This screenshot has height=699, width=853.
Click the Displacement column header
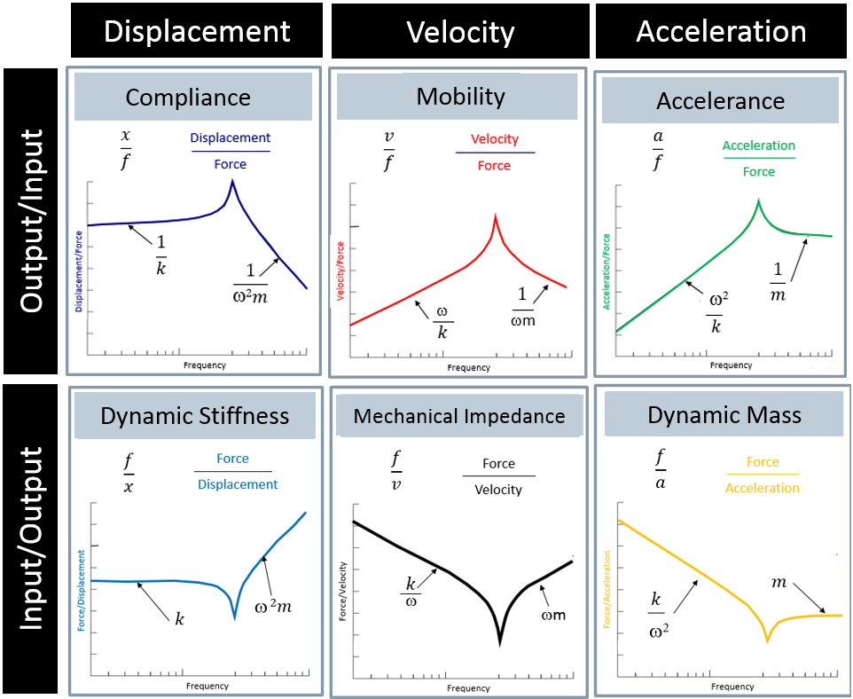tap(197, 31)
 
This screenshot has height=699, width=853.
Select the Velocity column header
tap(460, 32)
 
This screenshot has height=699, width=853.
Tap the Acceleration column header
tap(721, 31)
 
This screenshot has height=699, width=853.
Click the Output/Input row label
tap(32, 221)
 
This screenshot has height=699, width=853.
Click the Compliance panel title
tap(188, 97)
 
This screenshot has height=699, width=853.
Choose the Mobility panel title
tap(460, 96)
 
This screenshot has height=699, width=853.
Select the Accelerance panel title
tap(720, 100)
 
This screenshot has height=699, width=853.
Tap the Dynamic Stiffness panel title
tap(195, 415)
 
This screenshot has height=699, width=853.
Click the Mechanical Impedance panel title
tap(459, 416)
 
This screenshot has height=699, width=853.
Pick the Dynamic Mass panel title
tap(724, 414)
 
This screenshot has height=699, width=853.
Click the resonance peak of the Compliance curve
tap(232, 182)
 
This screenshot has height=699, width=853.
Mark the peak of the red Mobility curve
tap(496, 216)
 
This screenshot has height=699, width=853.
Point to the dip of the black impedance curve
tap(499, 641)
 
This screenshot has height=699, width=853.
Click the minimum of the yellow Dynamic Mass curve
tap(768, 639)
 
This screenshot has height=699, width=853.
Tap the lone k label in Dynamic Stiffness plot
tap(180, 619)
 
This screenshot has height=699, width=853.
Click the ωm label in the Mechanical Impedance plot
tap(552, 616)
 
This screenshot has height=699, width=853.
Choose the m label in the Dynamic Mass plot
tap(779, 582)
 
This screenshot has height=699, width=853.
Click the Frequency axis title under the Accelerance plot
tap(732, 365)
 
